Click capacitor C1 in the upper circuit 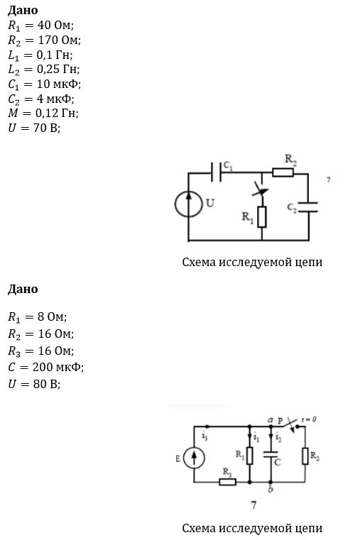tap(216, 172)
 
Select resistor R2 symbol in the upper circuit tap(283, 172)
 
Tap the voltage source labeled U tap(188, 204)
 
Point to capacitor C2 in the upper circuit tap(308, 207)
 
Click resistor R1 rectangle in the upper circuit tap(262, 217)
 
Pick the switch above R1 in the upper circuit tap(261, 189)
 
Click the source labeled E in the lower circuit tap(194, 458)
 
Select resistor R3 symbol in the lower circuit tap(228, 482)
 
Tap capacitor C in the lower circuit tap(271, 454)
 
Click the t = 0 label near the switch tap(309, 419)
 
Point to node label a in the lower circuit tap(271, 420)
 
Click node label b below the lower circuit tap(271, 489)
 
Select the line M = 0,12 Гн tap(43, 113)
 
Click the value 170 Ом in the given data tap(58, 40)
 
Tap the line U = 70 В tap(34, 128)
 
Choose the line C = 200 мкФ tap(46, 367)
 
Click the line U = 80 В tap(34, 384)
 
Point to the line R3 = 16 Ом tap(41, 351)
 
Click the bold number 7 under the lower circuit tap(253, 505)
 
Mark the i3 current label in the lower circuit tap(204, 436)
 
